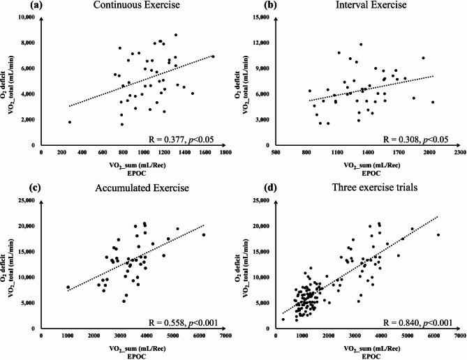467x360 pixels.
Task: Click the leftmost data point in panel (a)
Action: (x=70, y=122)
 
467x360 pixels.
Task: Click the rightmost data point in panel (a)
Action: (x=213, y=56)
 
